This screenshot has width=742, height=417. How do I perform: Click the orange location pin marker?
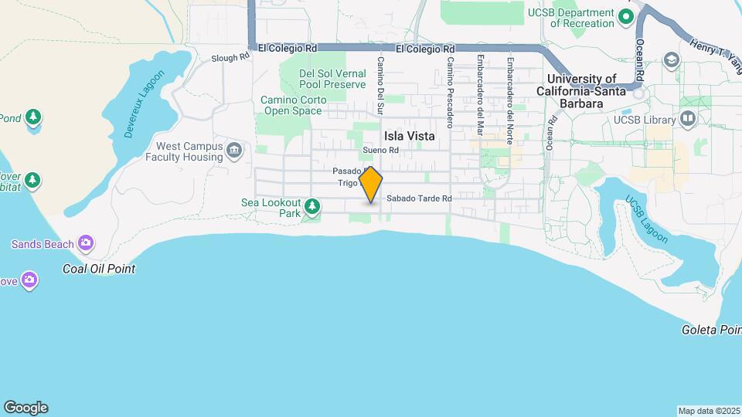coord(371,185)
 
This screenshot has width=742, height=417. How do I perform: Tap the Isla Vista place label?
coord(409,136)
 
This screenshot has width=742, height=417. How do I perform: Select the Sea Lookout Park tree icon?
coord(312,206)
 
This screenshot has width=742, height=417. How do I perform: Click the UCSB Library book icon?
coord(687,119)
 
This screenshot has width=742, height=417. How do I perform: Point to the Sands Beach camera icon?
coord(86,244)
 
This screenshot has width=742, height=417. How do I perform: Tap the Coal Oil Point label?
coord(99,269)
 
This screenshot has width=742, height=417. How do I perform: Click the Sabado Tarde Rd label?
coord(419,198)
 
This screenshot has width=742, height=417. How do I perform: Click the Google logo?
coord(26,408)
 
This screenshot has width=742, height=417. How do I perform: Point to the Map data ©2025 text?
coord(709,411)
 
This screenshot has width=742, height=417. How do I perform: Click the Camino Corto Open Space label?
coord(291,105)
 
